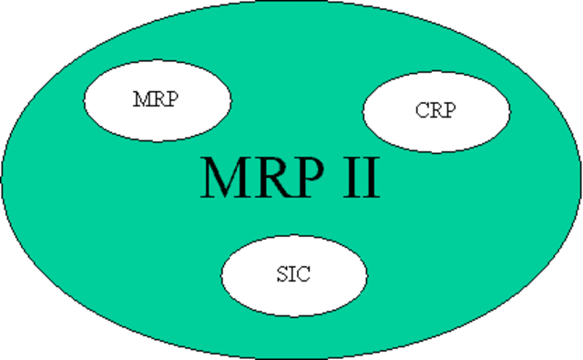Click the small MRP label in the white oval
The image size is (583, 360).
pos(156,98)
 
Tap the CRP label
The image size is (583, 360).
pos(435,111)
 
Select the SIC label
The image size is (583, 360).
pos(292,274)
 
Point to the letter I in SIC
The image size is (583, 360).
pos(291,274)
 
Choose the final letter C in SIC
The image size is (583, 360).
pos(303,274)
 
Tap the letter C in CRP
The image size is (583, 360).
pos(421,111)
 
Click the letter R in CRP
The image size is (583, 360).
pos(435,111)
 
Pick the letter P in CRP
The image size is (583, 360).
pos(448,111)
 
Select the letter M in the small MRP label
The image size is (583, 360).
pos(141,98)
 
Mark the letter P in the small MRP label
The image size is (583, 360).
pos(170,98)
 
